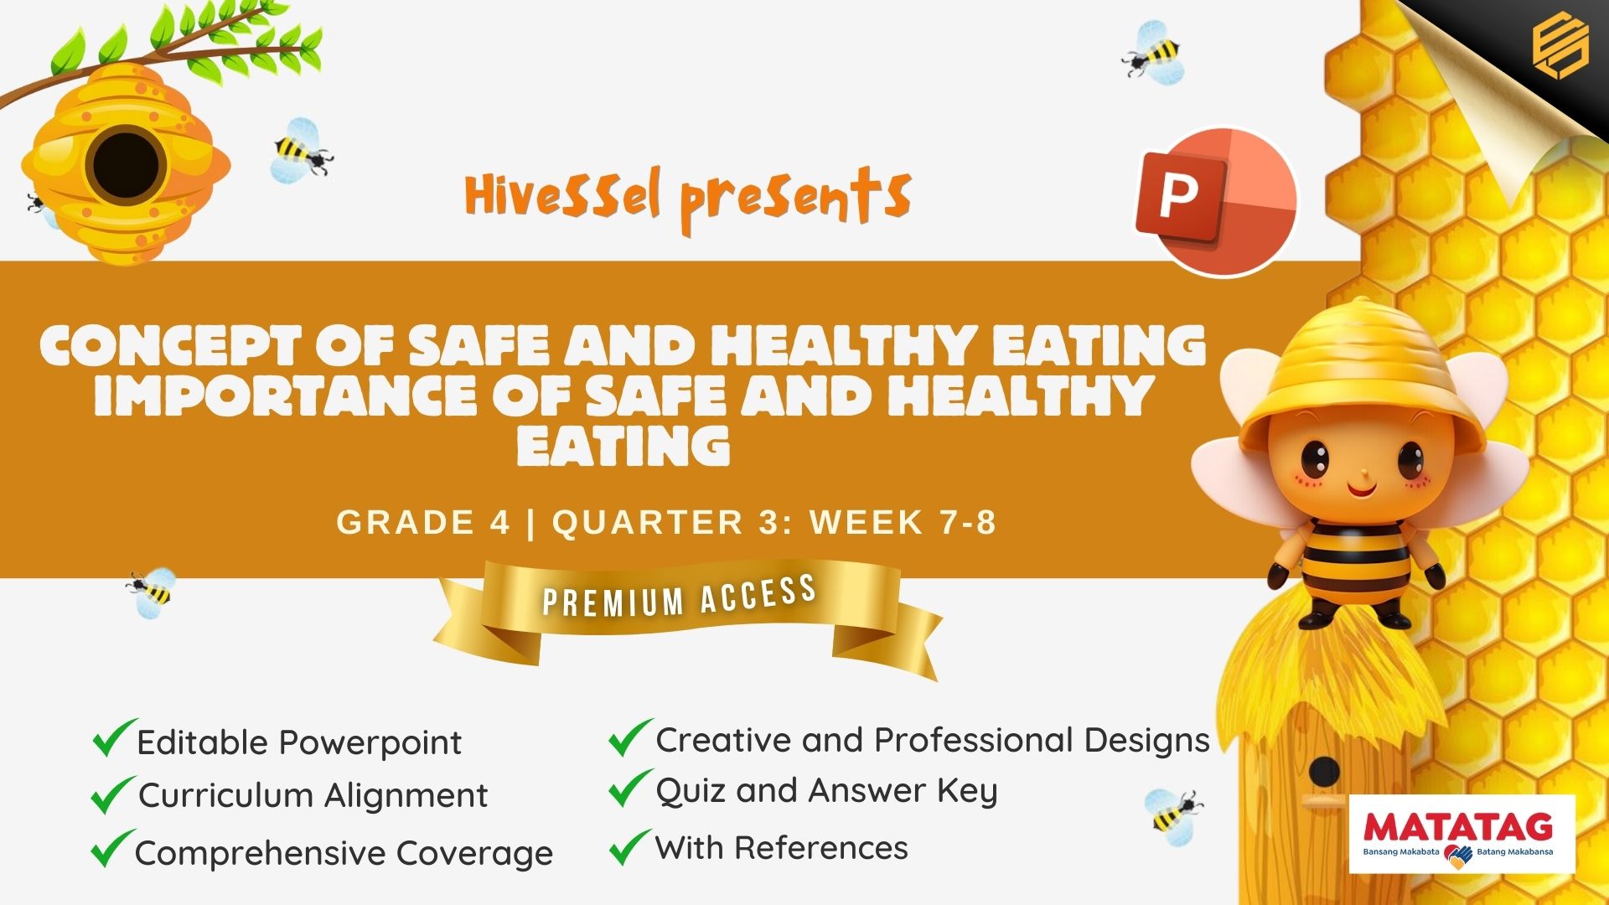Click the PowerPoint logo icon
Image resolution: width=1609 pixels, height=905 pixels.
click(x=1216, y=201)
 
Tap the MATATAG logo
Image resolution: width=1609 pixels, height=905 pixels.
click(x=1462, y=834)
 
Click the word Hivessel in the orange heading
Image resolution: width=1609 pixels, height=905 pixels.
click(x=563, y=195)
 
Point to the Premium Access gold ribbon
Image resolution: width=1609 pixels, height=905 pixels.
click(x=687, y=616)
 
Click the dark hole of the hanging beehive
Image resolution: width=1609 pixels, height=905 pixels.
click(x=126, y=164)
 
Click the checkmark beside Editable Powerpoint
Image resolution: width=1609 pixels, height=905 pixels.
click(x=114, y=738)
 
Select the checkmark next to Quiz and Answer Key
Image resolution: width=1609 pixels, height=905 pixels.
click(x=630, y=789)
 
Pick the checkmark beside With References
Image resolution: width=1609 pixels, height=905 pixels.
click(x=630, y=846)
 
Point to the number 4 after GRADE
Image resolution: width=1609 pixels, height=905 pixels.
click(x=499, y=522)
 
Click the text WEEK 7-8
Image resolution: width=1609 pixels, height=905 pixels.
click(x=903, y=522)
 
